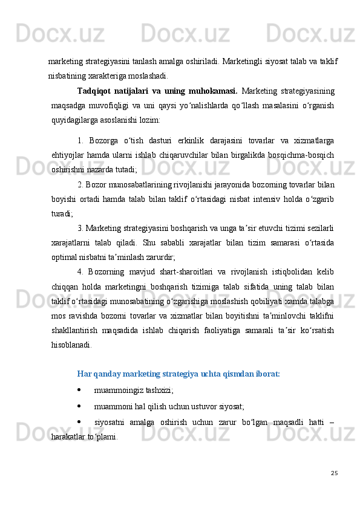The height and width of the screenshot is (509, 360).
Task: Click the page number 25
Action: (x=333, y=469)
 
